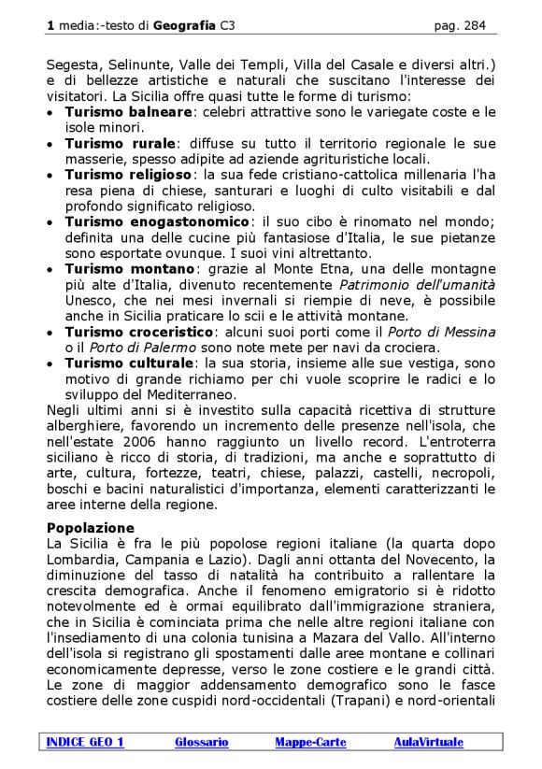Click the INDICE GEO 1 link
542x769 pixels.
point(85,742)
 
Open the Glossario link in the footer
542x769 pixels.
point(201,742)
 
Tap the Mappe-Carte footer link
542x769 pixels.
point(310,742)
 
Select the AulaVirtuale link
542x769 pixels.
point(428,742)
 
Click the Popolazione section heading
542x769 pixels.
point(91,527)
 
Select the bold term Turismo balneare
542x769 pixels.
point(128,112)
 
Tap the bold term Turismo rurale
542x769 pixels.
point(121,144)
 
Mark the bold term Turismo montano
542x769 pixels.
point(129,268)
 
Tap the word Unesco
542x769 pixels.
point(90,300)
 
